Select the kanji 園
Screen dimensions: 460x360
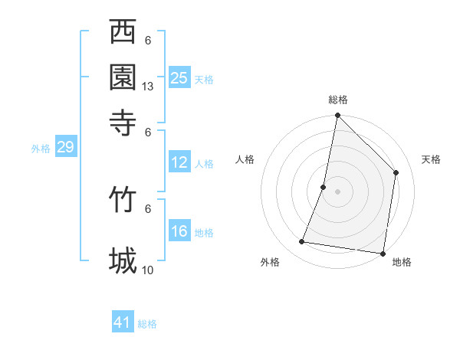coord(123,77)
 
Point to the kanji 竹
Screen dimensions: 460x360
coord(123,198)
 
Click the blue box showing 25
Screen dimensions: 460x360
coord(179,77)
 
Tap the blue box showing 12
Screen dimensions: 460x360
coord(179,162)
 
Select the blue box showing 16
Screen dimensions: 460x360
coord(179,231)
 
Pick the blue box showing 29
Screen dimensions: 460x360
coord(65,147)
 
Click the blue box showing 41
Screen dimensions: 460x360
coord(123,322)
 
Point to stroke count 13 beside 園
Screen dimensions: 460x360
coord(148,87)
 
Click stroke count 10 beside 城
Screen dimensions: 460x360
coord(148,270)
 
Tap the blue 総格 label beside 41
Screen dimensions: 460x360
coord(147,324)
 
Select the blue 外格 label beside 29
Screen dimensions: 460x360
coord(41,149)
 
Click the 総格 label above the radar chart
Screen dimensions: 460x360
coord(338,100)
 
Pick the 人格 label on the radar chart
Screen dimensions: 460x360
coord(245,159)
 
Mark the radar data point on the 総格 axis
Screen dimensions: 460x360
coord(337,116)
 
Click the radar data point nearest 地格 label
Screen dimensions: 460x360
coord(382,253)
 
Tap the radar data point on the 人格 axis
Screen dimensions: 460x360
coord(324,186)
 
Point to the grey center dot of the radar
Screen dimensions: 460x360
coord(337,191)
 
